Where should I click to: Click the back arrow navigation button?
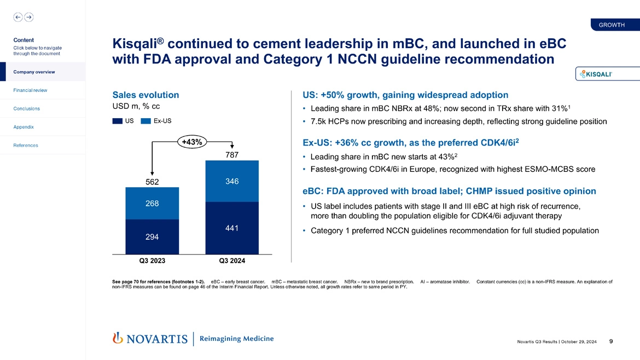[18, 17]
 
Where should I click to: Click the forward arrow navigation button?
[28, 17]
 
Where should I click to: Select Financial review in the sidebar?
[31, 90]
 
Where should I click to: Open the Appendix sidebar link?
[24, 127]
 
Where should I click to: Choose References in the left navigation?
[25, 146]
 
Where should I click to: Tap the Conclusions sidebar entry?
[27, 108]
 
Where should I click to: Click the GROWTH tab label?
[612, 25]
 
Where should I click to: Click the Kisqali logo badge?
[600, 74]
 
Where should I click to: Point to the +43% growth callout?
[191, 142]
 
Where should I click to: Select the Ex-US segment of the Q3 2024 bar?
[232, 181]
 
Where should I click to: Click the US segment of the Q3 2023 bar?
[152, 237]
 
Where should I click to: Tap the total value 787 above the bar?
[232, 155]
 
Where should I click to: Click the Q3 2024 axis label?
[232, 260]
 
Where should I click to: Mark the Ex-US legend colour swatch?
[146, 121]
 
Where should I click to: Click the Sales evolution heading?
[145, 95]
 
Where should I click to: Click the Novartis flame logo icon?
[117, 339]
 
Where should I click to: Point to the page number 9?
[610, 341]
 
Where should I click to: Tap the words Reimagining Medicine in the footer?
[236, 339]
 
